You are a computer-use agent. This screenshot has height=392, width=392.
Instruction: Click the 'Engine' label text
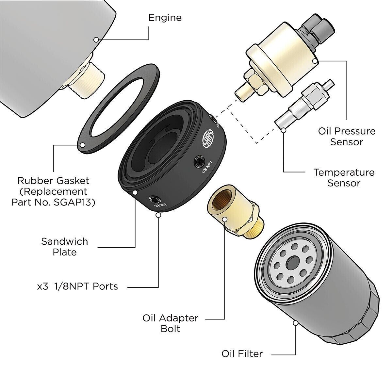tap(165, 17)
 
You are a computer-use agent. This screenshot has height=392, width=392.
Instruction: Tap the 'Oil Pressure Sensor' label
tap(347, 137)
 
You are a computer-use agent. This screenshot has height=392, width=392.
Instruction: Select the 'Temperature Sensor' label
tap(344, 177)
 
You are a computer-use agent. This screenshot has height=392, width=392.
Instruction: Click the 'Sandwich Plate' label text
tap(64, 247)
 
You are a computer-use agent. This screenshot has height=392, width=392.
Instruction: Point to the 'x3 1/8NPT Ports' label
tap(77, 286)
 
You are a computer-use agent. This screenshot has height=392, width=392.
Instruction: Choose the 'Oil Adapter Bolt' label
tap(170, 323)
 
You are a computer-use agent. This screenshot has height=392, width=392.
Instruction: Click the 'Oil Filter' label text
tap(242, 354)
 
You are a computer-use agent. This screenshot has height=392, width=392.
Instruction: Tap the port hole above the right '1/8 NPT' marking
tap(199, 161)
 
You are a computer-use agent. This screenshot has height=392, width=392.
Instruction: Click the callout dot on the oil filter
tap(295, 323)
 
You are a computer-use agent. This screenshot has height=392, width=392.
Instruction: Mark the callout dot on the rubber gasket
tap(82, 145)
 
